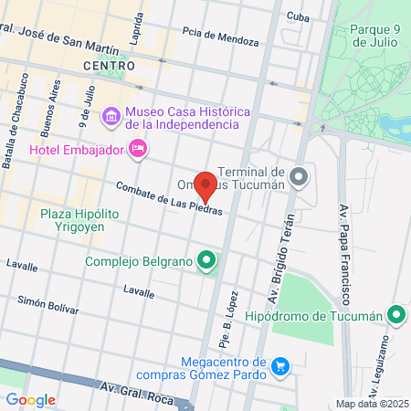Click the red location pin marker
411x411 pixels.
coord(206,186)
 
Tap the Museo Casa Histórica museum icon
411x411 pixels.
coord(111,116)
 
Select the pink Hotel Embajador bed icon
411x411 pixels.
coord(138,148)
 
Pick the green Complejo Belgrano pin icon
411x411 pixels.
coord(207,262)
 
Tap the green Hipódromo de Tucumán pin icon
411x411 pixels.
coord(395,316)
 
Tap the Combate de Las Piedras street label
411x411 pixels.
coord(169,198)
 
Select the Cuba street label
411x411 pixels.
coord(298,16)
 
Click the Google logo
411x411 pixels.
coord(31,399)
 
